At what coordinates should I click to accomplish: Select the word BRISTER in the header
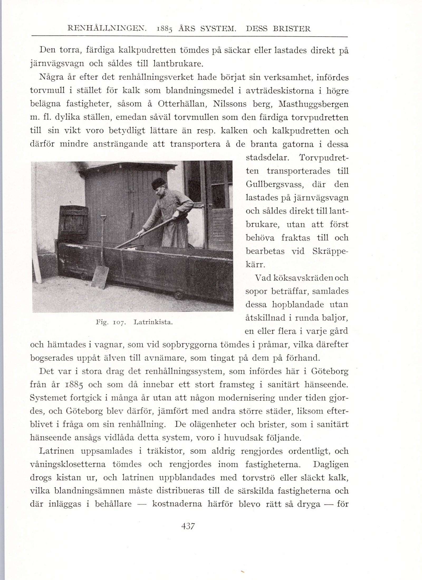pyautogui.click(x=292, y=28)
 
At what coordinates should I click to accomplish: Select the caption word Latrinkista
pyautogui.click(x=153, y=322)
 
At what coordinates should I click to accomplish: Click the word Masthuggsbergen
pyautogui.click(x=313, y=104)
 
